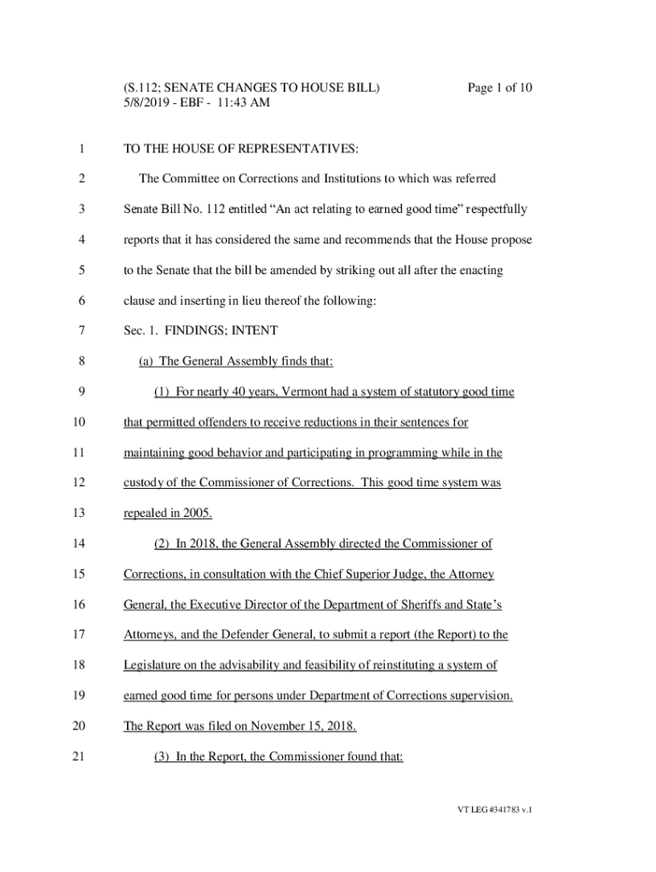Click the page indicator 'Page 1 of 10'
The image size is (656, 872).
pos(499,88)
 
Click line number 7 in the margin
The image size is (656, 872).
pos(80,330)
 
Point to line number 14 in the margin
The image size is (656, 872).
pos(80,543)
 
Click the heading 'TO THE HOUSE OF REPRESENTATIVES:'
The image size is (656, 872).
pos(241,150)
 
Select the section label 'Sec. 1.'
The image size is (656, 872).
pos(141,330)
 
